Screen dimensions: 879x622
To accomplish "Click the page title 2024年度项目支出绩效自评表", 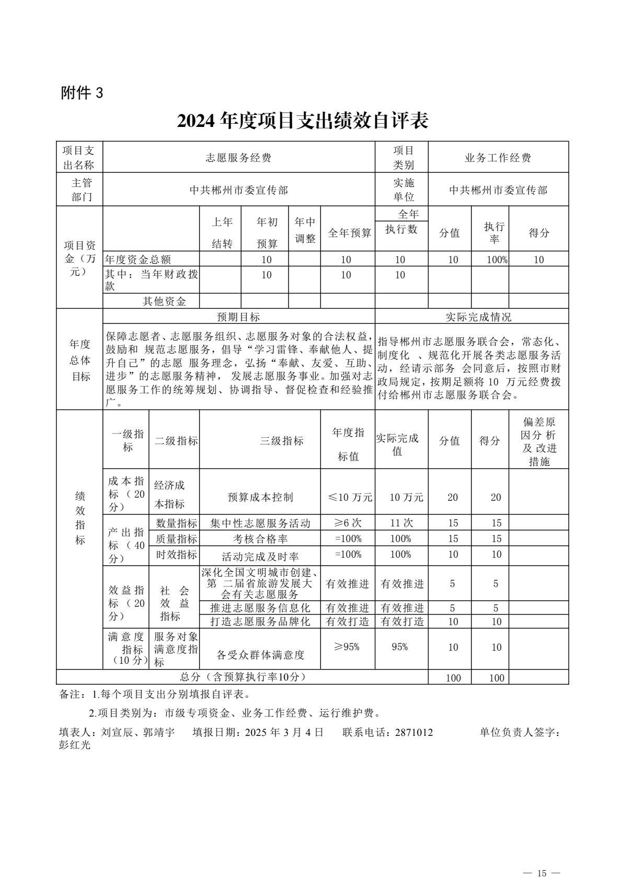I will tap(303, 121).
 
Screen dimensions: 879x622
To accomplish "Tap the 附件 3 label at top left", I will tap(82, 93).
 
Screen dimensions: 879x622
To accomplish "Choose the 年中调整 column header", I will tap(305, 230).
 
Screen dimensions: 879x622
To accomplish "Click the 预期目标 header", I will tap(238, 317).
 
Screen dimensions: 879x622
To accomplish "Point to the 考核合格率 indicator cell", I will tap(260, 538).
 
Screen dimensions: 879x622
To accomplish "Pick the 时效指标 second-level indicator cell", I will tap(176, 555).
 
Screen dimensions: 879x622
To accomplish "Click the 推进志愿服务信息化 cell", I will tap(260, 608).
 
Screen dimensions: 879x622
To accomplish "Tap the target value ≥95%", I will tap(348, 647).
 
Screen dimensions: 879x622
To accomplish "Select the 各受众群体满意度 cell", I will tap(260, 654).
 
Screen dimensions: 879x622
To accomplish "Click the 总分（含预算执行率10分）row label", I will tap(242, 677).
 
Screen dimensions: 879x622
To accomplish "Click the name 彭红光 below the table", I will tap(74, 745).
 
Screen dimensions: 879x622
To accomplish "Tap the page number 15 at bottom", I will tap(541, 859).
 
